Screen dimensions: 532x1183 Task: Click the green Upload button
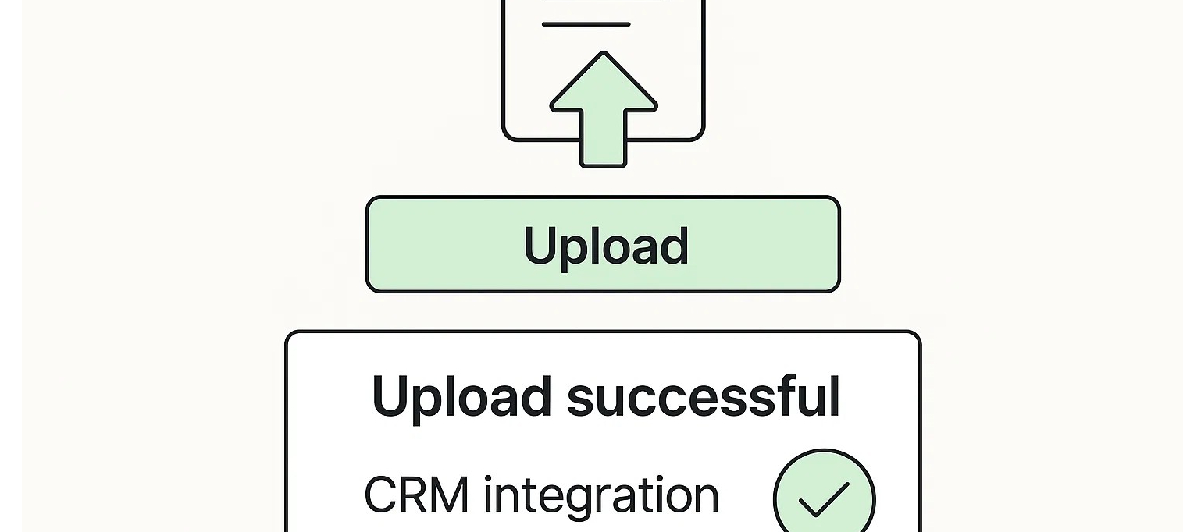pos(603,244)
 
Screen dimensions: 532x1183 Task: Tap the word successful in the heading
pos(703,396)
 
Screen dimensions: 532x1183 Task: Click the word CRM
pos(416,495)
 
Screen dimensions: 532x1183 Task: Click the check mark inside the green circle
pos(824,499)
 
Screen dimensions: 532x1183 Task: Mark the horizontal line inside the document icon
pos(586,25)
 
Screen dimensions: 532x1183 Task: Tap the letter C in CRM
pos(382,495)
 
